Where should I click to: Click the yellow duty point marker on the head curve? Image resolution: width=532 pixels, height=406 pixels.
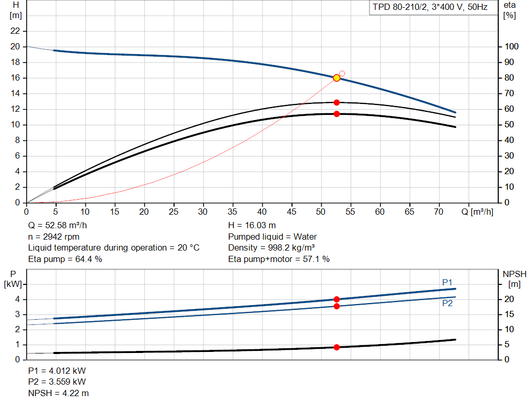pos(337,78)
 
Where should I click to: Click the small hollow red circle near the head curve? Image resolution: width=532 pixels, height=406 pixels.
pos(342,73)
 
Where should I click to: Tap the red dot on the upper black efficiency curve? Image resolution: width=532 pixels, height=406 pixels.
pos(337,102)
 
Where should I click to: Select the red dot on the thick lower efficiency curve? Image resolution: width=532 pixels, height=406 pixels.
pos(337,114)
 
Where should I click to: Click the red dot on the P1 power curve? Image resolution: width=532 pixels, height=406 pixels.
pos(337,299)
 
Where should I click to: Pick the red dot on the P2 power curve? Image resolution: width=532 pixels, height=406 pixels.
pos(337,307)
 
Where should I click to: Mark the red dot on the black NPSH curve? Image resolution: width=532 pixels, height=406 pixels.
pos(337,347)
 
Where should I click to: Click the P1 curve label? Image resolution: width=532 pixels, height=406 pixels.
pos(447,282)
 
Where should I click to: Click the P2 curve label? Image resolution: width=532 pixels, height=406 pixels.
pos(447,303)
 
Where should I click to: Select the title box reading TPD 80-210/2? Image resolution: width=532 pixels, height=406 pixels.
pos(430,7)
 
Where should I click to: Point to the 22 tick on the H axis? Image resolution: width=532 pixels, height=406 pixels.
pos(15,31)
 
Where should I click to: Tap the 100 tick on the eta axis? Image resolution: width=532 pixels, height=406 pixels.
pos(511,46)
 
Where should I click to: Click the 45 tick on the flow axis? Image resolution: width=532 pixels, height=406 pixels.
pos(291,212)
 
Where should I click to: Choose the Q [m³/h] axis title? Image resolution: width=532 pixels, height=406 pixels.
pos(477,212)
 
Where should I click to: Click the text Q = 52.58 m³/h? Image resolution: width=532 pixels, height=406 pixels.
pos(57,226)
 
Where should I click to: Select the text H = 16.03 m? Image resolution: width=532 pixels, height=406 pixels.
pos(252,226)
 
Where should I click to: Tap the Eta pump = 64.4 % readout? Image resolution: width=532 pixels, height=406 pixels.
pos(65,259)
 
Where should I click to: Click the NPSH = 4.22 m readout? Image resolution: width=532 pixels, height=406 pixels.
pos(58,393)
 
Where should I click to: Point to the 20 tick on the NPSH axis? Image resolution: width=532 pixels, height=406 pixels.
pos(509,299)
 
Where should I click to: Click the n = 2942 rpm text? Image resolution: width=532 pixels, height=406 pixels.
pos(54,237)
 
